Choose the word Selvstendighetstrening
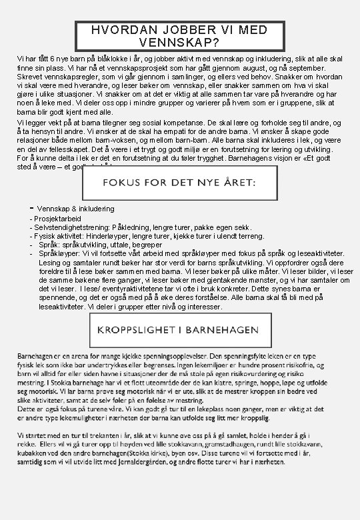click(72, 227)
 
